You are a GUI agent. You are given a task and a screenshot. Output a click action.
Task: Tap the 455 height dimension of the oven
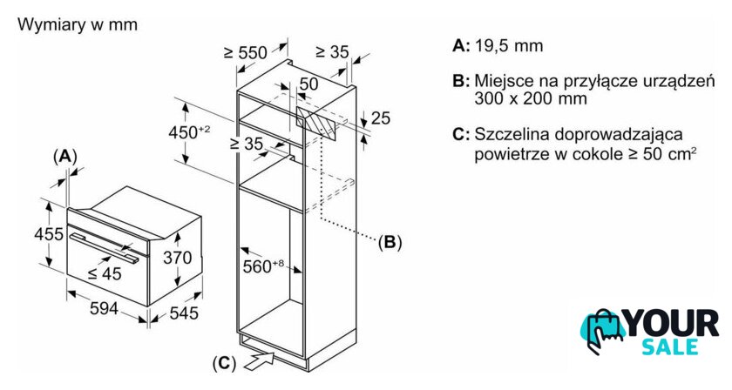[50, 233]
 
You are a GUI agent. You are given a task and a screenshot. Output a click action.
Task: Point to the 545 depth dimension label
[184, 312]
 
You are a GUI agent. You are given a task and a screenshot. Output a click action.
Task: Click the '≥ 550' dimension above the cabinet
[245, 53]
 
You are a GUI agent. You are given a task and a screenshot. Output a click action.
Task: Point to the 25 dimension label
[381, 118]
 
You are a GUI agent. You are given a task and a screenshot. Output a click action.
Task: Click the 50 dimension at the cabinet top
[308, 84]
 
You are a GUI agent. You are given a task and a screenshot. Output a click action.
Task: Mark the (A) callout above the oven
[65, 156]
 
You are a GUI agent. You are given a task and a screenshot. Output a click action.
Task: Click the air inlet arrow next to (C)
[261, 356]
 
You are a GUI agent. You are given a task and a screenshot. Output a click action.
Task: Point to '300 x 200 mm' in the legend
[531, 99]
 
